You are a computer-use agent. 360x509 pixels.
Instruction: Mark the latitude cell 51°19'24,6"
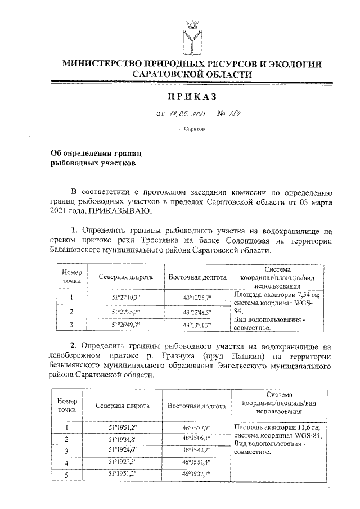(x=123, y=451)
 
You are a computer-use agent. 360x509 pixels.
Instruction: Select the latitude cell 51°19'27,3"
(x=123, y=462)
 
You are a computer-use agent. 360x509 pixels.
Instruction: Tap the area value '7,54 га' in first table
(x=304, y=294)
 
